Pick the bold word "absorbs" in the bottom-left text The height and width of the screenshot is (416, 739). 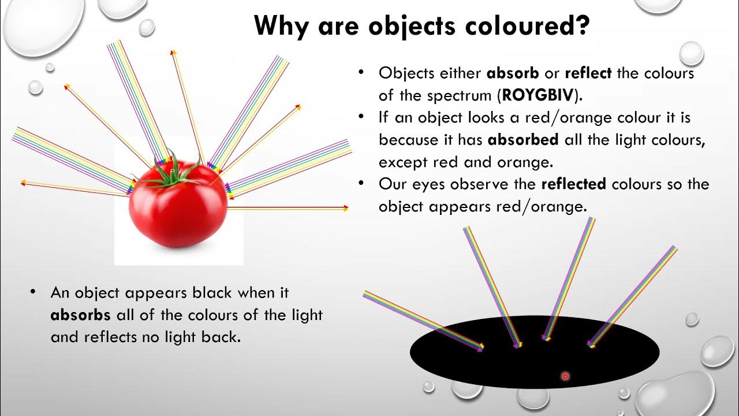click(80, 315)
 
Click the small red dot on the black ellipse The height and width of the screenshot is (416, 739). click(565, 376)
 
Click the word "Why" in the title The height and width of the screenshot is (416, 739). click(280, 25)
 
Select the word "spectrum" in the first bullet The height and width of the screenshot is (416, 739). click(460, 95)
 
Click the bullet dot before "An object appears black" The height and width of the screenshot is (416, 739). click(34, 292)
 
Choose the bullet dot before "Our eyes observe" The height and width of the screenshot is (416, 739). click(361, 183)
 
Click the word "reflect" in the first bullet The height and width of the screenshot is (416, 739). click(589, 73)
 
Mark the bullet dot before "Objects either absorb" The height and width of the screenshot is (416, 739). click(361, 72)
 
